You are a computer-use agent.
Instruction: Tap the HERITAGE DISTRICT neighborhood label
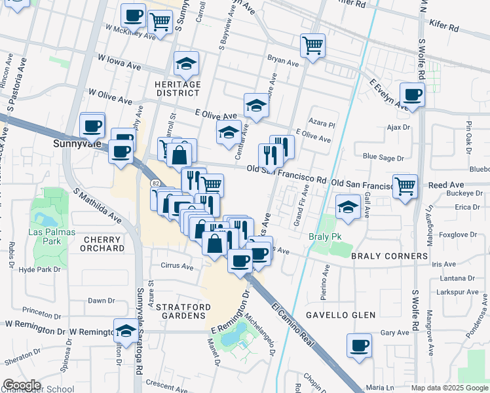tap(177, 88)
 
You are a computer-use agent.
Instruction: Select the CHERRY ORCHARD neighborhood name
tap(104, 244)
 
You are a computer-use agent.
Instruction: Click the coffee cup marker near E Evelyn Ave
tap(413, 94)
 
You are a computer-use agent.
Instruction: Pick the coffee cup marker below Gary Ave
tap(359, 345)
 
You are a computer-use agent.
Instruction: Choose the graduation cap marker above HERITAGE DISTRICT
tap(187, 63)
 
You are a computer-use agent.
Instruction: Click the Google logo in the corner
tap(22, 385)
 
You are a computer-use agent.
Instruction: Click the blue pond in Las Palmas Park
tap(45, 219)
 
